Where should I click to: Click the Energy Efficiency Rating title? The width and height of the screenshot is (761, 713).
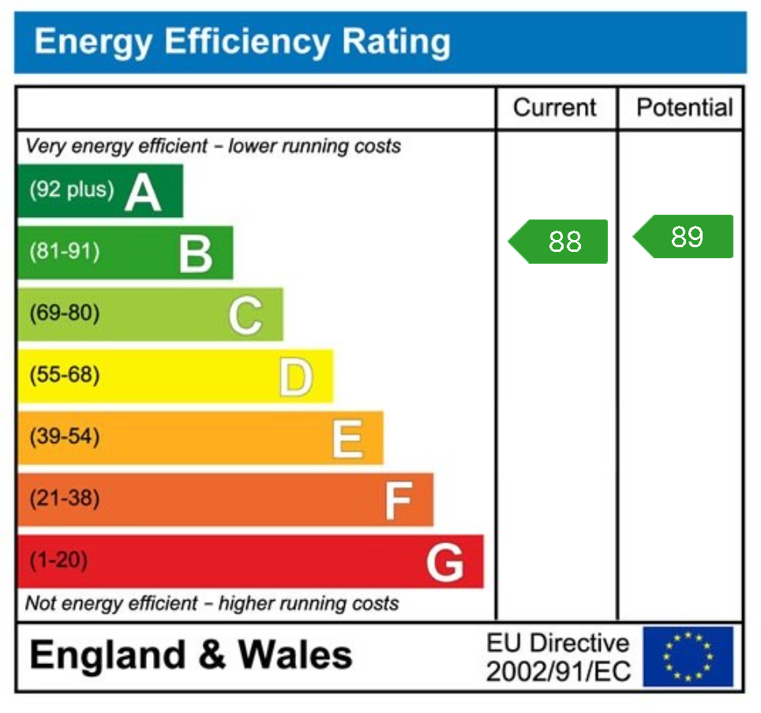[242, 42]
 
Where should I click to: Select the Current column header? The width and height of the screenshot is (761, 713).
[555, 107]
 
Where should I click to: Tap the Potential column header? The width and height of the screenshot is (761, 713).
[684, 107]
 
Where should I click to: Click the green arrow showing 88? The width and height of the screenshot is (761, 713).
[560, 241]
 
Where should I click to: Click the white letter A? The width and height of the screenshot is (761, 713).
[143, 192]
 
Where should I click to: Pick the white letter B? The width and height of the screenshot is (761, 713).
[195, 253]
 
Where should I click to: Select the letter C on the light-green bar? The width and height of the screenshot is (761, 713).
[245, 315]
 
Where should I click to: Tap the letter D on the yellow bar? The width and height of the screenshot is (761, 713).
[295, 377]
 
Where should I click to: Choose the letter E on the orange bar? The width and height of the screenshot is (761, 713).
[347, 438]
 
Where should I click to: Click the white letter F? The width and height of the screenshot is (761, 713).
[398, 500]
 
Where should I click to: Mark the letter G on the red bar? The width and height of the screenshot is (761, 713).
[445, 562]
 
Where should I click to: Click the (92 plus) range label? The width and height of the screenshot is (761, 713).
[71, 190]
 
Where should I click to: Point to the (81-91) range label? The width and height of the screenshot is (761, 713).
[65, 252]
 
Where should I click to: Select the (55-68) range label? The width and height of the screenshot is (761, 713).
[65, 375]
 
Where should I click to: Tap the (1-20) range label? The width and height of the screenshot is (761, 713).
[58, 561]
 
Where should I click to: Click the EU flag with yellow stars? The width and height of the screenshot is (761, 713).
[688, 656]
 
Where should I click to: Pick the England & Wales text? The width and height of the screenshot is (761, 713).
[191, 655]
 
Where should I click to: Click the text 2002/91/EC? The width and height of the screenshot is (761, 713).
[558, 671]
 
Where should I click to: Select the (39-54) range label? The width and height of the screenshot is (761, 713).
[65, 437]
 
